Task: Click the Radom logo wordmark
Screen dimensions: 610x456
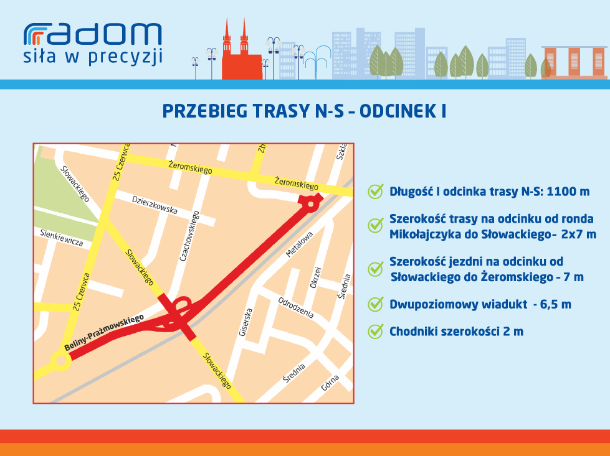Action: coord(93,34)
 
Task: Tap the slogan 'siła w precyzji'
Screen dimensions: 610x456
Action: coord(93,57)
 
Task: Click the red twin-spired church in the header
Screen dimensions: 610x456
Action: coord(241,50)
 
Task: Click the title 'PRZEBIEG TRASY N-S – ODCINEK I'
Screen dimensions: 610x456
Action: coord(304,111)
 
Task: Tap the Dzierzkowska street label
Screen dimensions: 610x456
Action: coord(155,205)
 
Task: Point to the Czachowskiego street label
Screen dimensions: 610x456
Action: coord(189,235)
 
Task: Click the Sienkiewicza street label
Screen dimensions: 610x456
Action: coord(62,238)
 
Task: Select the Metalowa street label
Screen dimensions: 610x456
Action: coord(299,244)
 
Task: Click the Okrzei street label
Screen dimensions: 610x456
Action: coord(315,277)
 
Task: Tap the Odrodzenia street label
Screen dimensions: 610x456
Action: coord(296,307)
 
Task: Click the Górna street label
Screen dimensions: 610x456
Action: coord(330,383)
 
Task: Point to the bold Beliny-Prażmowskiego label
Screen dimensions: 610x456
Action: coord(104,332)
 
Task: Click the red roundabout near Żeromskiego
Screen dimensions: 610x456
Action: coord(310,203)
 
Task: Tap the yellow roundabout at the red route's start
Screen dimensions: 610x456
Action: coord(61,361)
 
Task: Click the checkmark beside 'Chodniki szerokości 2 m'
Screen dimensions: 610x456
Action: coord(376,332)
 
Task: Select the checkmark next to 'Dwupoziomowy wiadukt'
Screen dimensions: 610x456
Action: coord(376,304)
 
